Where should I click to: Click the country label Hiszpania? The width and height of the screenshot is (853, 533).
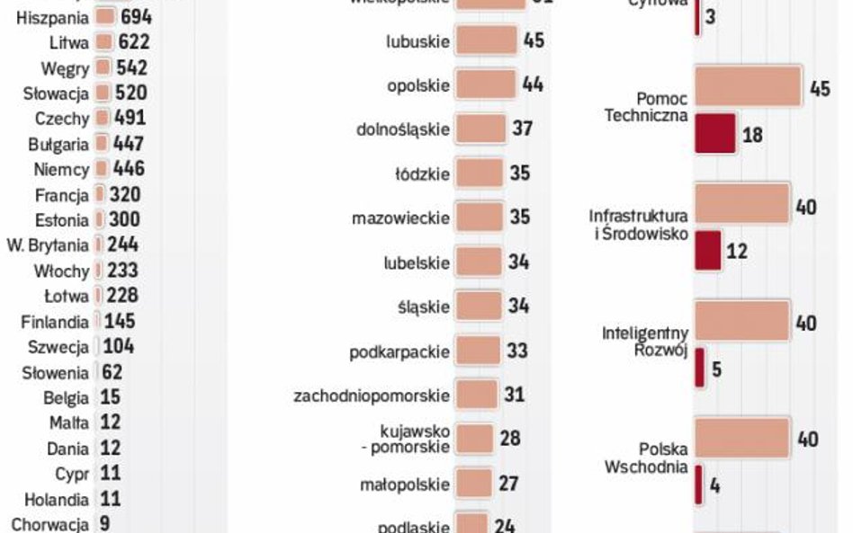[x=52, y=17]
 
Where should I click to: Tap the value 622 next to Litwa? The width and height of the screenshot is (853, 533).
[x=133, y=42]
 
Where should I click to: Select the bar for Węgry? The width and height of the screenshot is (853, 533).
[x=102, y=67]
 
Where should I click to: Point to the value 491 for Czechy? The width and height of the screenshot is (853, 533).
[x=130, y=118]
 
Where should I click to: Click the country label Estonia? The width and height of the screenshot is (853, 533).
[x=61, y=220]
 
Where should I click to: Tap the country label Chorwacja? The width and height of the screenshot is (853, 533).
[x=49, y=524]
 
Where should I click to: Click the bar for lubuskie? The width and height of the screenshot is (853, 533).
[x=486, y=40]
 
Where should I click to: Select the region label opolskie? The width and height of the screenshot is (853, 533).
[x=418, y=85]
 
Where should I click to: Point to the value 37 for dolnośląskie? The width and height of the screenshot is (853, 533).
[x=523, y=129]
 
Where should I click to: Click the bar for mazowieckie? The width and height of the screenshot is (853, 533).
[x=479, y=217]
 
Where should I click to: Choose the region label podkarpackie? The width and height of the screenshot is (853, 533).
[x=400, y=351]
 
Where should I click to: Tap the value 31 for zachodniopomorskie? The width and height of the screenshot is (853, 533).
[x=514, y=395]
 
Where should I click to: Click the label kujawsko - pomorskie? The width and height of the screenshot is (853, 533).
[x=414, y=440]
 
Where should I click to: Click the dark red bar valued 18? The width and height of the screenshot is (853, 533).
[x=715, y=135]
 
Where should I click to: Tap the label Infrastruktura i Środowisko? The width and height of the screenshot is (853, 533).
[x=639, y=225]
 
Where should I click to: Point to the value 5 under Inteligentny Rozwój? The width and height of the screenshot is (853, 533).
[x=717, y=369]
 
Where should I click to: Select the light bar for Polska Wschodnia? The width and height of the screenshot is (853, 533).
[x=742, y=439]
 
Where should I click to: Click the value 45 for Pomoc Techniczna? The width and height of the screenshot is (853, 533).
[x=819, y=89]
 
